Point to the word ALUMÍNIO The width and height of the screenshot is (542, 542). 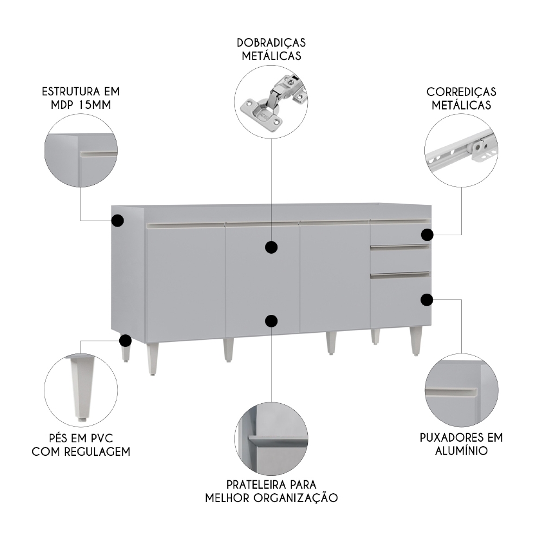coord(461,450)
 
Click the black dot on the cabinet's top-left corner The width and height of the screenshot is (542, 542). coord(118,221)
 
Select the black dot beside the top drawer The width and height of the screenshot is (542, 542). coord(427,235)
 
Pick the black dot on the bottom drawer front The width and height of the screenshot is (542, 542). coord(427,299)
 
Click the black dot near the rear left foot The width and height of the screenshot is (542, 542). coord(125,341)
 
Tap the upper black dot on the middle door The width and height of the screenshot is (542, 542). coord(272,248)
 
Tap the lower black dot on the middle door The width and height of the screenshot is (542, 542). coord(272,321)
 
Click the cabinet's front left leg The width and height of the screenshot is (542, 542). coord(152,358)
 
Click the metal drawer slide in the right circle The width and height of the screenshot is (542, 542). coord(461,152)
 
